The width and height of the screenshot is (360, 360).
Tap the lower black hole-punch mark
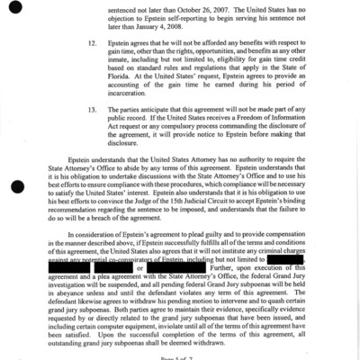point(19,186)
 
